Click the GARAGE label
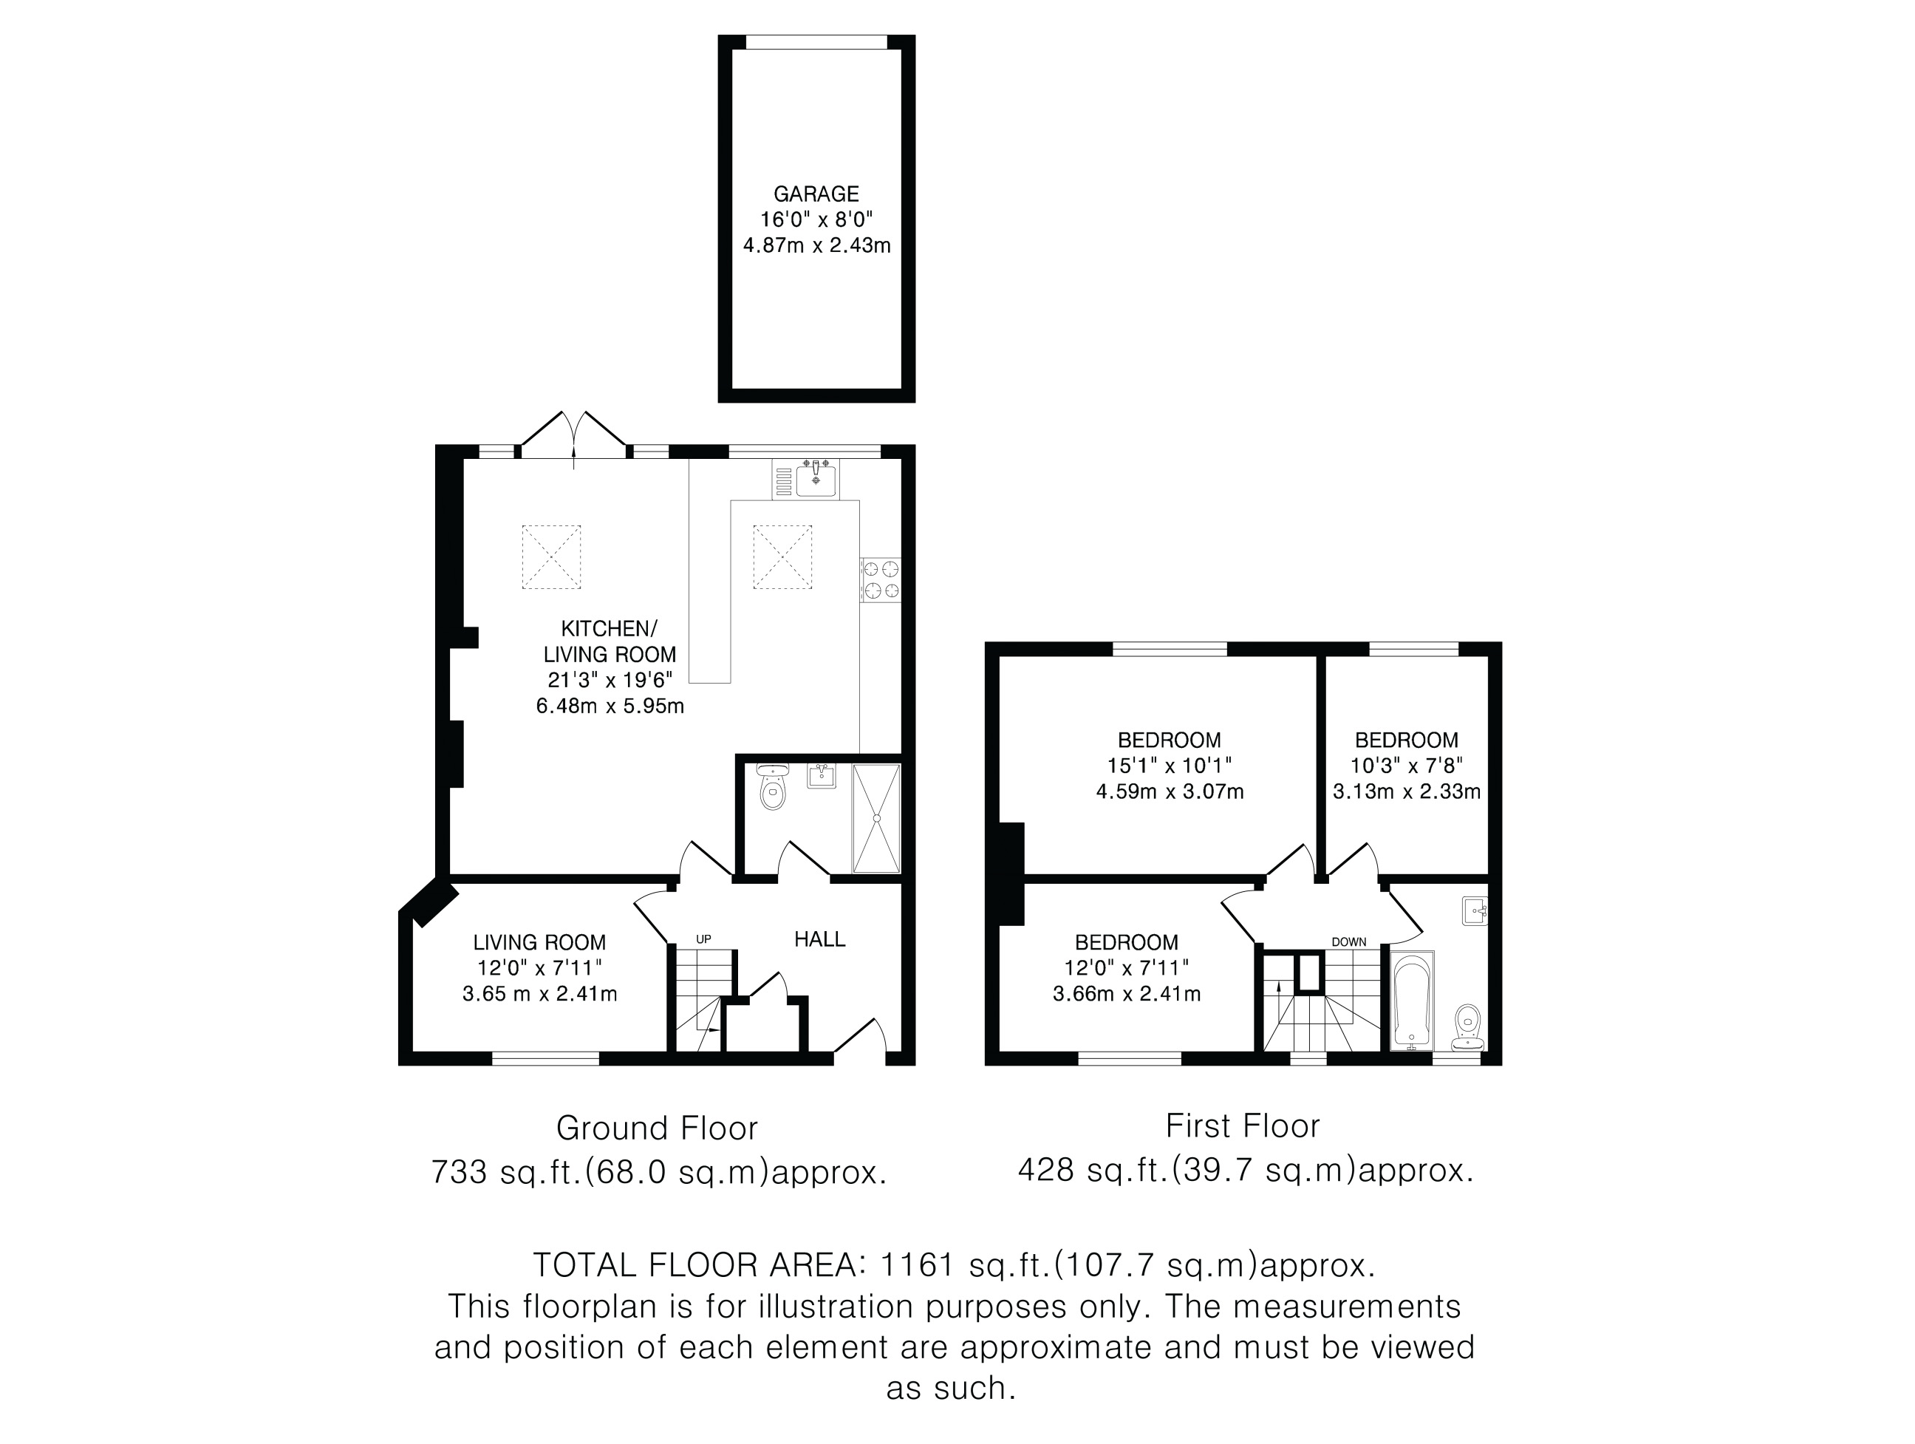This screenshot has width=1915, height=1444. [816, 194]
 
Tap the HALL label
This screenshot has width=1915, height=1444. [820, 939]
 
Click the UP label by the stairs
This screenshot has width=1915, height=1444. [704, 939]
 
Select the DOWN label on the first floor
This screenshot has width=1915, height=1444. [1349, 942]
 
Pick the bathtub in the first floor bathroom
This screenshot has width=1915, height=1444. [1412, 1001]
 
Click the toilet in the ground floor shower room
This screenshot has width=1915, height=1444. [771, 787]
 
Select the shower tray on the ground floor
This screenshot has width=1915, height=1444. [877, 818]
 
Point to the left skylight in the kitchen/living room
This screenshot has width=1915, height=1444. [551, 556]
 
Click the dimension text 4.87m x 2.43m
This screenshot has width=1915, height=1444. [816, 246]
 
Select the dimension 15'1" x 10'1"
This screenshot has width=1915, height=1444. [1170, 766]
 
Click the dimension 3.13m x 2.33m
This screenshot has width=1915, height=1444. [1407, 791]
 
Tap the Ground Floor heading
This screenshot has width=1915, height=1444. [657, 1128]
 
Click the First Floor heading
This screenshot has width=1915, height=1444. [1243, 1125]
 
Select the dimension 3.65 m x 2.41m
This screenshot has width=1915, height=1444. [539, 994]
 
